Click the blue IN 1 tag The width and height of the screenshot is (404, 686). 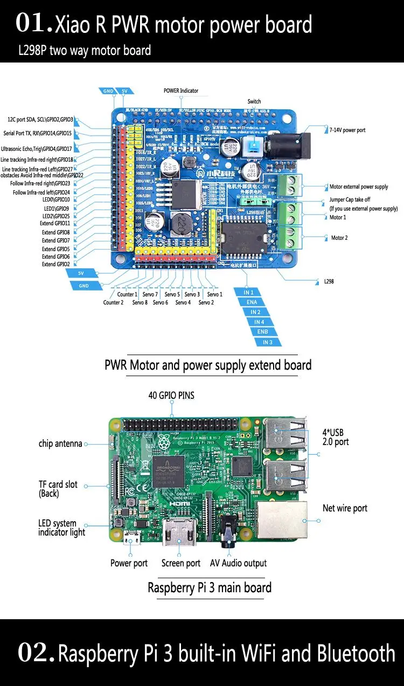[x=248, y=292]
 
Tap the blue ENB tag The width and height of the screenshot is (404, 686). [x=262, y=332]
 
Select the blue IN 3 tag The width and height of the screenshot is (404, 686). [x=267, y=342]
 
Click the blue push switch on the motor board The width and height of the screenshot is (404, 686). [x=251, y=145]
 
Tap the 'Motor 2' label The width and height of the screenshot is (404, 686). [x=339, y=238]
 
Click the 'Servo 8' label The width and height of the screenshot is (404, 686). [x=140, y=302]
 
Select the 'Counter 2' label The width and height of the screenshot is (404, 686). [x=113, y=302]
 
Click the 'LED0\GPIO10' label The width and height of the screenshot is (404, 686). [x=55, y=199]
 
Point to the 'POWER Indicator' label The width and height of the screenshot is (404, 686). [x=181, y=91]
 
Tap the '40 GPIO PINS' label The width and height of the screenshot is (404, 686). [x=171, y=396]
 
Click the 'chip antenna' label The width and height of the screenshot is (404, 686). [x=60, y=444]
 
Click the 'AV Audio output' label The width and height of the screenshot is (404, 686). [x=238, y=563]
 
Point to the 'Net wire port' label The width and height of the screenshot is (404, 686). [x=345, y=508]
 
